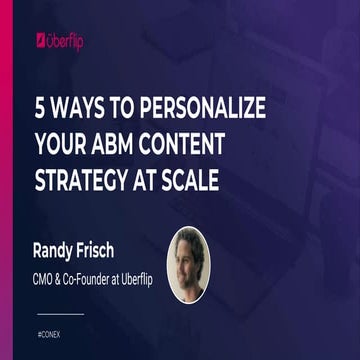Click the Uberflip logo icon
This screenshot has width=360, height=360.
click(x=41, y=40)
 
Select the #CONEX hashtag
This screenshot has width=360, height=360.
click(x=49, y=329)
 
